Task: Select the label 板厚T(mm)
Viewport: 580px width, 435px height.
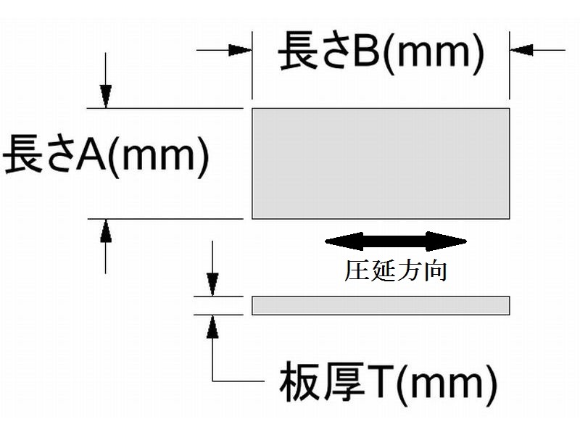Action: click(x=388, y=384)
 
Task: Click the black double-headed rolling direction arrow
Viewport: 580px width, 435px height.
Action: click(x=395, y=241)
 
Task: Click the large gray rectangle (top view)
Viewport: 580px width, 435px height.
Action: click(x=381, y=163)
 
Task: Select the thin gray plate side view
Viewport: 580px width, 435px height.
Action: click(x=381, y=305)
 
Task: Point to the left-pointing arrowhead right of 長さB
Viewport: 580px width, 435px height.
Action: click(x=521, y=50)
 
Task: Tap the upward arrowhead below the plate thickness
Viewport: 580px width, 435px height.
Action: click(x=212, y=327)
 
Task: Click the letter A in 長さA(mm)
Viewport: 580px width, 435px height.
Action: click(x=91, y=157)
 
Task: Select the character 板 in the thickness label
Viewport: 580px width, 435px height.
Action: click(x=298, y=385)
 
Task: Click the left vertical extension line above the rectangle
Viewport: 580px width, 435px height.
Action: click(x=252, y=65)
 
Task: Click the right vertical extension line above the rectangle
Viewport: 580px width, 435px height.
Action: click(x=509, y=65)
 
